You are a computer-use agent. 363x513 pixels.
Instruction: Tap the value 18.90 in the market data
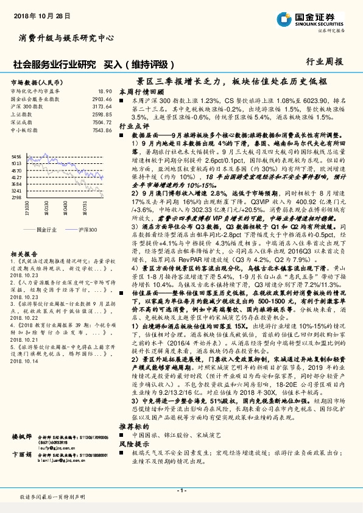pyautogui.click(x=105, y=91)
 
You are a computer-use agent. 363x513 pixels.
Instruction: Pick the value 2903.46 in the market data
pyautogui.click(x=102, y=98)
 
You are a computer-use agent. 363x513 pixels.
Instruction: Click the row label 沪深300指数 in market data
pyautogui.click(x=24, y=106)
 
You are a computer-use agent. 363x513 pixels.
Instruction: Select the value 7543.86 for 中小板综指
pyautogui.click(x=102, y=130)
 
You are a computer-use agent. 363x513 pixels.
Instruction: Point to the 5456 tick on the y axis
pyautogui.click(x=16, y=157)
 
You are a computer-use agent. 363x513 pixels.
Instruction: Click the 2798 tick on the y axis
pyautogui.click(x=16, y=214)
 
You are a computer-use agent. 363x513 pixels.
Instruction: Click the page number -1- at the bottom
pyautogui.click(x=181, y=491)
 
